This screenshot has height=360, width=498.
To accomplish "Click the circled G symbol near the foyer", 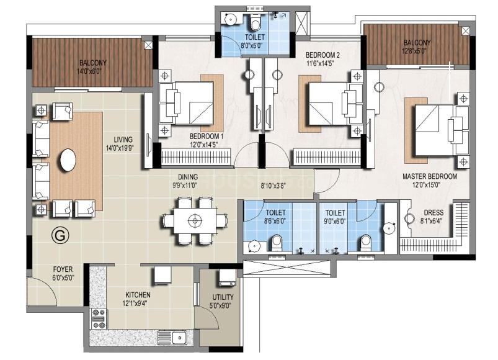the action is click(60, 235).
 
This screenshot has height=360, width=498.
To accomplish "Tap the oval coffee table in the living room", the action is click(68, 160).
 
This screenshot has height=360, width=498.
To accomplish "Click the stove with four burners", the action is click(99, 318).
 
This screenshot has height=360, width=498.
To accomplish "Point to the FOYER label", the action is click(63, 269).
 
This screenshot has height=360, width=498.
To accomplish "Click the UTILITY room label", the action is click(223, 297).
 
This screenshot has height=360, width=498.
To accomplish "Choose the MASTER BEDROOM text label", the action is click(430, 176).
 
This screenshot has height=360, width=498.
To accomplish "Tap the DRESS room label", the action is click(434, 212).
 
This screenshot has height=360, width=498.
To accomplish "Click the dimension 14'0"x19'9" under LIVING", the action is click(120, 148).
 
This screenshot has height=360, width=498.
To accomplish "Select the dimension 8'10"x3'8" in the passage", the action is click(273, 186).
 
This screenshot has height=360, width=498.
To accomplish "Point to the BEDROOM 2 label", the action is click(322, 55).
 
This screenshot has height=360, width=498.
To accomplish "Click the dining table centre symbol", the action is click(195, 220).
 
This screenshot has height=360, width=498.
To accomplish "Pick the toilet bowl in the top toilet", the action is click(255, 22).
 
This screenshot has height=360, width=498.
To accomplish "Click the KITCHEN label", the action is click(138, 295).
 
